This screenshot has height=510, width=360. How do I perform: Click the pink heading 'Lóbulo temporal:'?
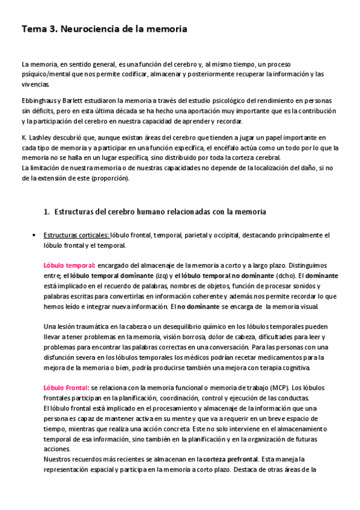tap(69, 265)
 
